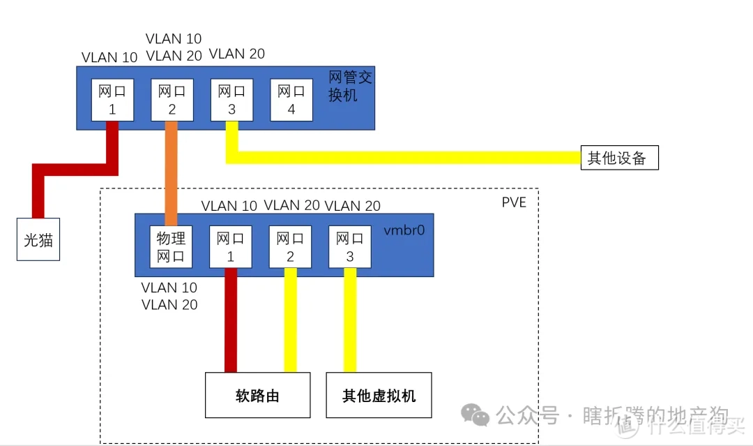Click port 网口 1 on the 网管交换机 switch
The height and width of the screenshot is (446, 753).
pos(112,100)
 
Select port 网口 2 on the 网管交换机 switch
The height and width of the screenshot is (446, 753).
pos(172,100)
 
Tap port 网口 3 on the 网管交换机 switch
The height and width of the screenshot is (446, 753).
pos(231,100)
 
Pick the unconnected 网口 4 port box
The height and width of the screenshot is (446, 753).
pos(291,100)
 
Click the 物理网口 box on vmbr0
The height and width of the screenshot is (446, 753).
pos(171,246)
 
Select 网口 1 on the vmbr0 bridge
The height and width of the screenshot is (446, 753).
pos(230,246)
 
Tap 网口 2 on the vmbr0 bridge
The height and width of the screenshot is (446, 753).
pos(290,246)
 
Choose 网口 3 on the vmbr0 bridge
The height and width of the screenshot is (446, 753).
pos(349,246)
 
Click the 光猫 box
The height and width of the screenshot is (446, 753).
pos(38,240)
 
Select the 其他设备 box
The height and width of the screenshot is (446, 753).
pos(618,158)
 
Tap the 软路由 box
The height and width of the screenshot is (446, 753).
pos(257,395)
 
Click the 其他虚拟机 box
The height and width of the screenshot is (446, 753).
pos(379,395)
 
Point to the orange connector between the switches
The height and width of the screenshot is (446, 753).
pos(172,171)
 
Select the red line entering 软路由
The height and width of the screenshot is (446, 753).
pos(231,321)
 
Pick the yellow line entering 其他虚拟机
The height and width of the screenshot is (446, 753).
pos(350,321)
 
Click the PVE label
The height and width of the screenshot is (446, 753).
pos(514,202)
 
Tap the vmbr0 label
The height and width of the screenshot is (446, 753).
pos(404,230)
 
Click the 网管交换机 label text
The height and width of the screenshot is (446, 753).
pos(350,86)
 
